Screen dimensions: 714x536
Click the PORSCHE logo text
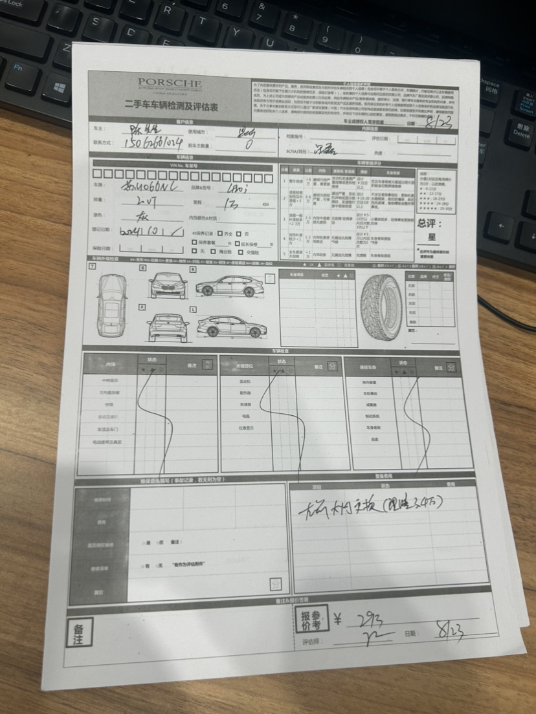point(170,83)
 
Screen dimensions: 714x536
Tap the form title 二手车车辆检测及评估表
point(170,104)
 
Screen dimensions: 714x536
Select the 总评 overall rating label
point(430,224)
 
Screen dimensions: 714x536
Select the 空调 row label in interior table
point(108,406)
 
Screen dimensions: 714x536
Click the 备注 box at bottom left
point(80,631)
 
